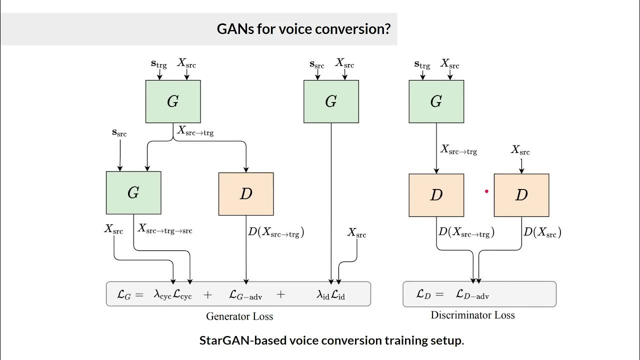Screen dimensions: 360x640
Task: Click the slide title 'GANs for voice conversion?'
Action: [303, 28]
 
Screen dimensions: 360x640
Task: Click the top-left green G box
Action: [173, 101]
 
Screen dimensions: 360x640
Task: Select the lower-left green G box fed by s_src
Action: [133, 192]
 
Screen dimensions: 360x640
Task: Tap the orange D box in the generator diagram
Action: [246, 194]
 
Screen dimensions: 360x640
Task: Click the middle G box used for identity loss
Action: [331, 101]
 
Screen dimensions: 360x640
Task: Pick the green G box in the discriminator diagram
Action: [436, 101]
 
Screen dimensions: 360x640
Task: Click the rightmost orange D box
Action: [521, 195]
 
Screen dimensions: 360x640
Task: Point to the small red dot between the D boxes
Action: [486, 191]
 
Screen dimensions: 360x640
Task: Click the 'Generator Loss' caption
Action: [239, 316]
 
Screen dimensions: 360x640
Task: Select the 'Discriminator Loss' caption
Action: [472, 315]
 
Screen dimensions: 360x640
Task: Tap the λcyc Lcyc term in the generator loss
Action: [173, 294]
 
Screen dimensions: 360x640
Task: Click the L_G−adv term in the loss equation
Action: [245, 295]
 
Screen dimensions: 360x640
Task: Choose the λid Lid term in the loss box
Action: [331, 295]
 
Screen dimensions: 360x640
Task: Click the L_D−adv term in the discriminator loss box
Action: [472, 295]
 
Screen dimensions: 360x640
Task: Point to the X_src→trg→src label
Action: [165, 229]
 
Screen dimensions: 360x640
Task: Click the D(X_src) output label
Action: [542, 232]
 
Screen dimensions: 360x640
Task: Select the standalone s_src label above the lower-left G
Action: [119, 133]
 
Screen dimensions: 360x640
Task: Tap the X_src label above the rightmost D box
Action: [520, 150]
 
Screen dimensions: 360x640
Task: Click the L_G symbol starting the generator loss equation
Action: [124, 294]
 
